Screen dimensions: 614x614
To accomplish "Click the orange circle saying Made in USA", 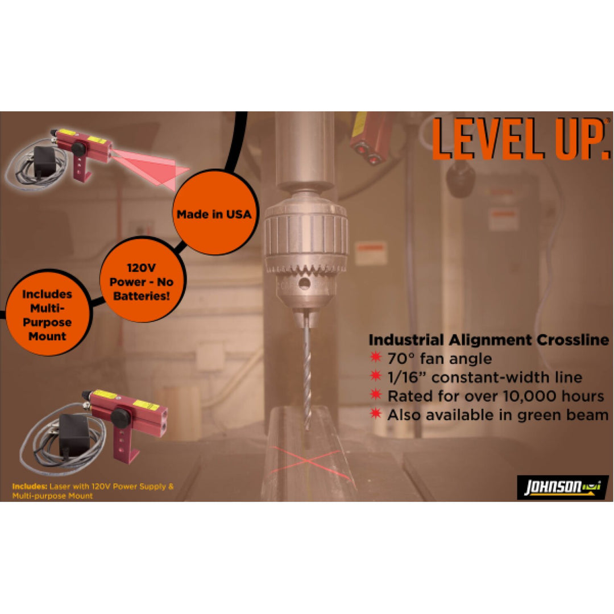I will click(213, 214).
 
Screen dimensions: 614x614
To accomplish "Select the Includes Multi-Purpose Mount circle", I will click(47, 315).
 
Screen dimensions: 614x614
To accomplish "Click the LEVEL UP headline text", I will click(520, 140).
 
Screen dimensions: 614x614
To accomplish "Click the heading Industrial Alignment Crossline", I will click(488, 340).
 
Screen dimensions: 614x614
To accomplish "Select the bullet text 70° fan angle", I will click(439, 359).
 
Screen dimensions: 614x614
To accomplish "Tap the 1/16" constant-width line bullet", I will click(484, 377).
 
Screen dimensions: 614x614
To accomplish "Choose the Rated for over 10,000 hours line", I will click(495, 396).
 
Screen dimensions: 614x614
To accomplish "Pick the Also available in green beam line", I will click(497, 414).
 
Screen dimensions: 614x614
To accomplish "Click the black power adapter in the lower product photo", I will click(74, 434).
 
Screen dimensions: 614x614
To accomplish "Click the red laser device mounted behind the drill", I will click(370, 136).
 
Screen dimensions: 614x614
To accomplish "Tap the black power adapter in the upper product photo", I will click(44, 162).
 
